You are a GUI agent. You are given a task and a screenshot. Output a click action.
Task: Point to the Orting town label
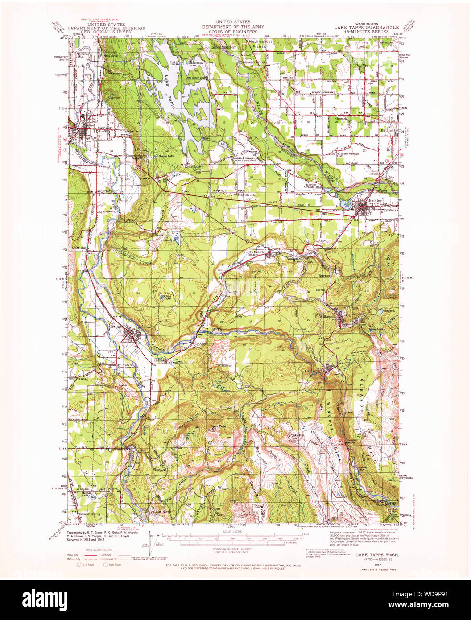click(x=115, y=326)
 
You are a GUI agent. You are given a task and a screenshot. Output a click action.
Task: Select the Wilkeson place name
click(x=327, y=316)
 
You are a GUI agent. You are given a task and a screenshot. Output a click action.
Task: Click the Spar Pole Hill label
click(x=219, y=427)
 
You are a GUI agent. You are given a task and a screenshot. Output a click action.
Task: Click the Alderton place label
click(x=103, y=191)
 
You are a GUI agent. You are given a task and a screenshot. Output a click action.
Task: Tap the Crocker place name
click(x=200, y=343)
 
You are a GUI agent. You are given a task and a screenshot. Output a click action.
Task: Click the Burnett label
click(x=326, y=276)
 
